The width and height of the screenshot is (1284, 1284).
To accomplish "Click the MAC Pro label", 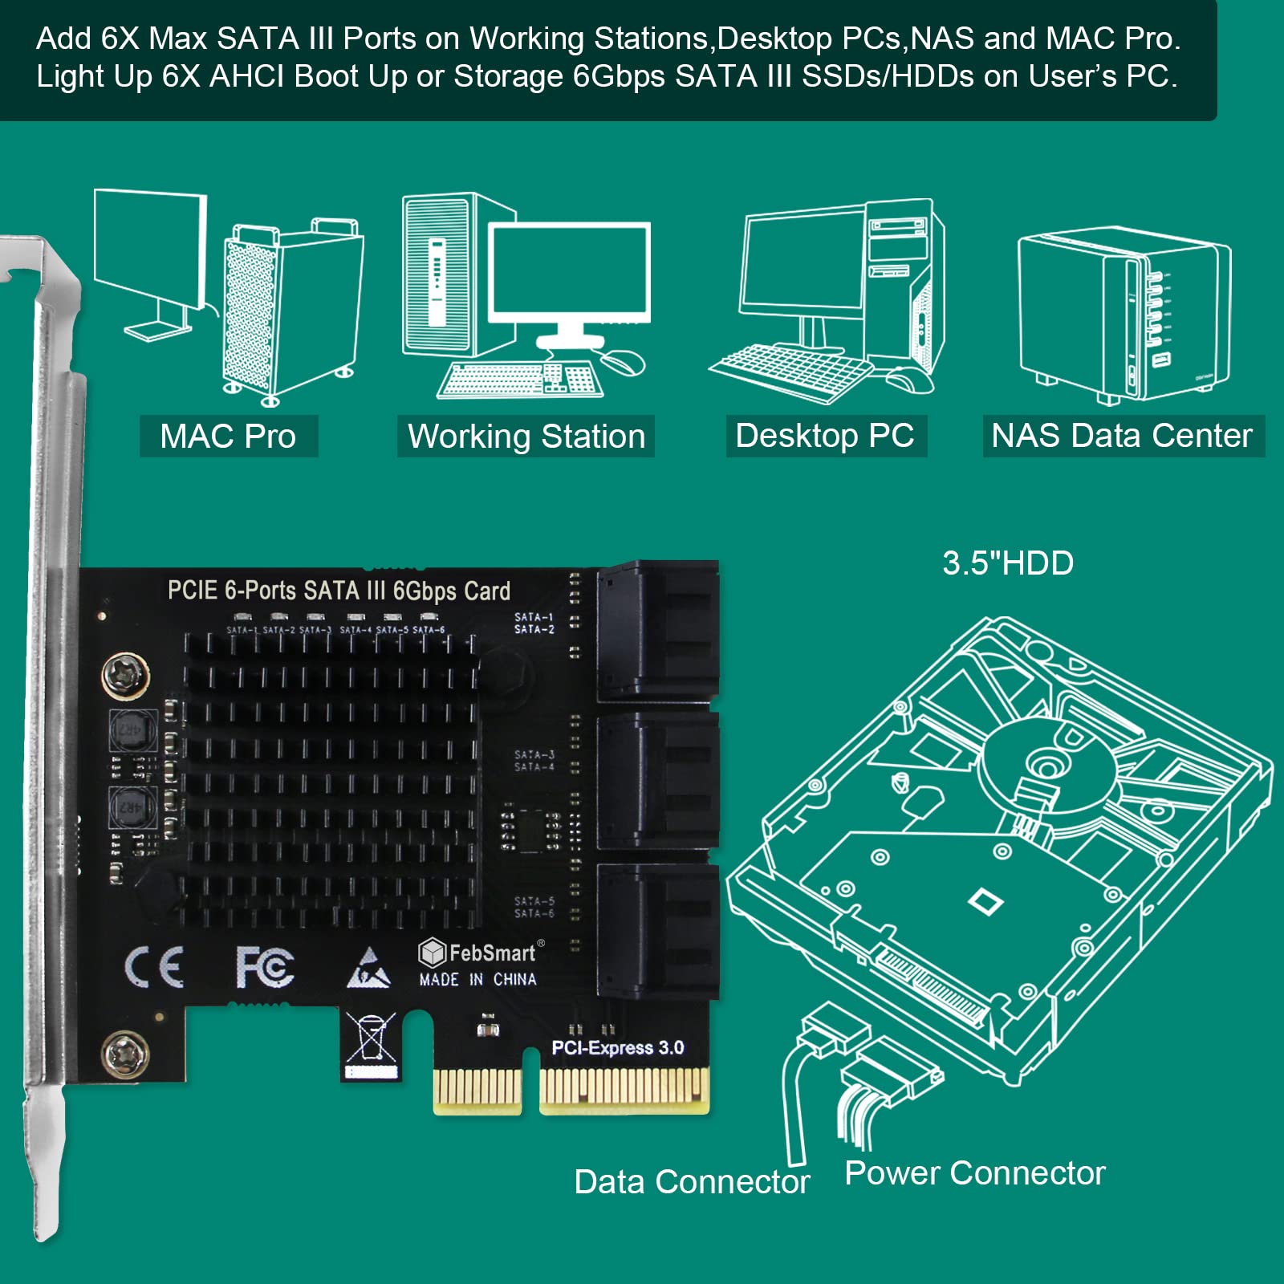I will [x=228, y=436].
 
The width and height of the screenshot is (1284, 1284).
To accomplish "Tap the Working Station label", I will [x=526, y=437].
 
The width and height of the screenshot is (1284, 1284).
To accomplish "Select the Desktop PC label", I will [x=825, y=436].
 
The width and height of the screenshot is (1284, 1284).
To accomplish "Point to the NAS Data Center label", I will [x=1122, y=436].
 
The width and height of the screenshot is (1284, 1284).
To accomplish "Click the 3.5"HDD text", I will [x=1008, y=563].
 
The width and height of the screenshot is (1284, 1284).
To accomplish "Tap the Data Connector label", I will [x=692, y=1182].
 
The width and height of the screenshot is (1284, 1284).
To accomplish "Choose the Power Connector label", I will [x=975, y=1173].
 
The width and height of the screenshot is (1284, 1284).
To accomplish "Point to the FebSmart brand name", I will [x=491, y=953].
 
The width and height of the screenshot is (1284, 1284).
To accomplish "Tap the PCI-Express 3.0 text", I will [x=617, y=1048].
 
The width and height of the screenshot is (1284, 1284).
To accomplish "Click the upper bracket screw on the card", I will [x=126, y=675].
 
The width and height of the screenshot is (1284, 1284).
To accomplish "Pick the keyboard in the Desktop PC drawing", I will [x=790, y=370].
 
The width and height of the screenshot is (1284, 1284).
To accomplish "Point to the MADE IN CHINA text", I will [x=477, y=980].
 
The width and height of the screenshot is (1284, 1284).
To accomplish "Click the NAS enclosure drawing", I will [x=1123, y=317].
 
